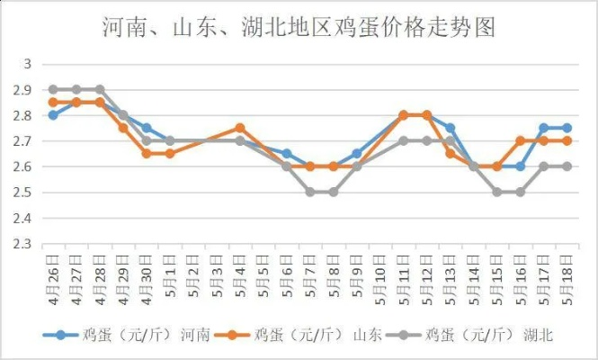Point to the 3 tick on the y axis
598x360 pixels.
pyautogui.click(x=27, y=64)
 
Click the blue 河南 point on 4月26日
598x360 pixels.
pyautogui.click(x=53, y=115)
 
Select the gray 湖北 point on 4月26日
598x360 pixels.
pyautogui.click(x=53, y=89)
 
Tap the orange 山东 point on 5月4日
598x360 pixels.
pyautogui.click(x=240, y=128)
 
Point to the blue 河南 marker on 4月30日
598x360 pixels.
pyautogui.click(x=147, y=128)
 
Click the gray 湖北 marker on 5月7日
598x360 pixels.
pyautogui.click(x=310, y=192)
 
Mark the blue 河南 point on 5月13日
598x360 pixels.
pyautogui.click(x=451, y=128)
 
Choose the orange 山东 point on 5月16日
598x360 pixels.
pyautogui.click(x=521, y=140)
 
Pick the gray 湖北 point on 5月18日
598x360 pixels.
pyautogui.click(x=567, y=166)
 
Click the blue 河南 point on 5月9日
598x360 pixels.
pyautogui.click(x=357, y=153)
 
